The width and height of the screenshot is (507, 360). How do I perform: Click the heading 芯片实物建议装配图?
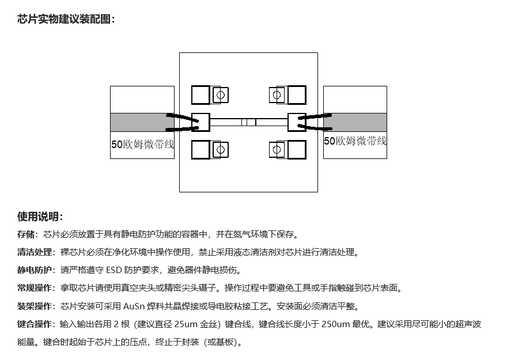(64, 19)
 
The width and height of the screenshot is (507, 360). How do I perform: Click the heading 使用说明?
(38, 217)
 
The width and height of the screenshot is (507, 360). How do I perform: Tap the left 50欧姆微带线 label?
(142, 144)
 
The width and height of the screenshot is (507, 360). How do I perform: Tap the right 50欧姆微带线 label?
(355, 141)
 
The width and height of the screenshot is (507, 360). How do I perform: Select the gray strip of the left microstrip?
(142, 122)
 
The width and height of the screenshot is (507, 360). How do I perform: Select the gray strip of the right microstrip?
(355, 122)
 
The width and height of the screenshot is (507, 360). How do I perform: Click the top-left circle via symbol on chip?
(221, 95)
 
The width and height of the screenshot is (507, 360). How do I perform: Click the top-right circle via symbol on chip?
(277, 95)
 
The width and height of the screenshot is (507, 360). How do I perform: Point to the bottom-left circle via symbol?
(221, 150)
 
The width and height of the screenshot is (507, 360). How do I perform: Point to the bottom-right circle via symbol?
(277, 150)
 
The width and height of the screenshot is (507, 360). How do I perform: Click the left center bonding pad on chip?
(200, 122)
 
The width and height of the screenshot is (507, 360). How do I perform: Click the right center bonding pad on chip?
(297, 122)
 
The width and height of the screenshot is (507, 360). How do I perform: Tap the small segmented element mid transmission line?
(249, 122)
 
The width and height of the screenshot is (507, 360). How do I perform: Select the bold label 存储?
(25, 234)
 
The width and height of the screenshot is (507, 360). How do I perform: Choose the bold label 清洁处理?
(34, 252)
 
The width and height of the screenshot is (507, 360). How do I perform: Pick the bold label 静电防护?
(34, 270)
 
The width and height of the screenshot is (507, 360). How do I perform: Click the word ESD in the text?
(113, 270)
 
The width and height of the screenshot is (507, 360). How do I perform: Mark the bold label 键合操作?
(34, 324)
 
